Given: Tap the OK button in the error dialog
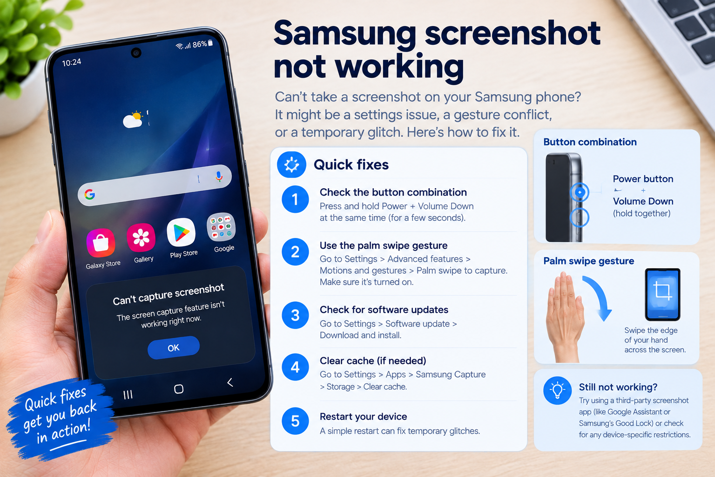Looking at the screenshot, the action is click(x=174, y=348).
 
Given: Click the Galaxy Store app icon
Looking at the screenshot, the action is click(x=101, y=243).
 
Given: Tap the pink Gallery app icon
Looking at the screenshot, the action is click(x=141, y=238).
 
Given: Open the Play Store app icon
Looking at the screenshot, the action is click(x=181, y=232).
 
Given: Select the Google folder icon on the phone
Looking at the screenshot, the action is click(x=221, y=227).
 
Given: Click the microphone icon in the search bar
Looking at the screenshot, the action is click(x=219, y=177).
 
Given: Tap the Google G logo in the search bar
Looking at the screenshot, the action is click(x=90, y=194).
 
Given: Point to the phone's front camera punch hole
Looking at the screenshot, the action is click(x=136, y=53).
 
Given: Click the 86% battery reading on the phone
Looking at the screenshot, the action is click(x=200, y=44).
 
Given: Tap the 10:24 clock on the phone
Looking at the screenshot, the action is click(x=72, y=62).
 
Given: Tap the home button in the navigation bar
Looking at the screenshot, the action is click(x=179, y=389).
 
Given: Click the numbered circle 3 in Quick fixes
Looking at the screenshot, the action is click(x=295, y=315).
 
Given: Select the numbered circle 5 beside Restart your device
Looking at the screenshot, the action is click(x=295, y=421).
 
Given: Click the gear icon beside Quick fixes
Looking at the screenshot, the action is click(x=292, y=164).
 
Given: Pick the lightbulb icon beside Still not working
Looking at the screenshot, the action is click(x=558, y=390).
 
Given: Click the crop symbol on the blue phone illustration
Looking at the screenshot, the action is click(x=663, y=290).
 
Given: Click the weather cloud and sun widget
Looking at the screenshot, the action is click(x=133, y=120).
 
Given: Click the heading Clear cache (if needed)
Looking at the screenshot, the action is click(x=373, y=361).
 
